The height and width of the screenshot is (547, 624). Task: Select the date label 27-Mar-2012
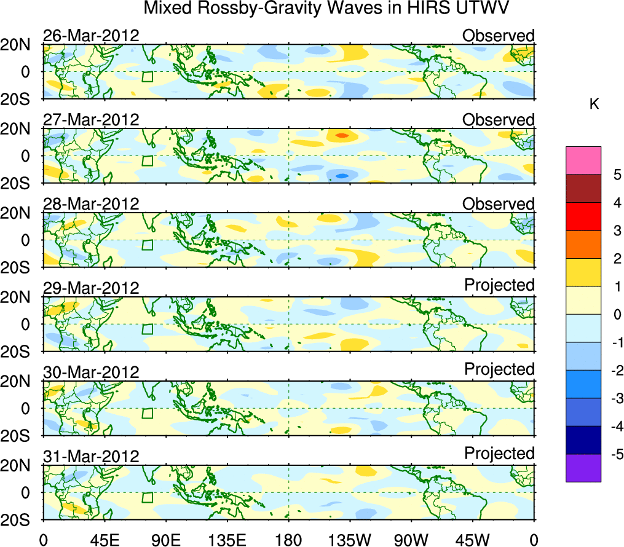tap(91, 119)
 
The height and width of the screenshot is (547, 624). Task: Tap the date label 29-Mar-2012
tap(91, 288)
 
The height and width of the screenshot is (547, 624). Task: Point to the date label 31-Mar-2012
tap(91, 456)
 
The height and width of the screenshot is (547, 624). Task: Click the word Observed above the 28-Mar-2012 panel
tap(499, 203)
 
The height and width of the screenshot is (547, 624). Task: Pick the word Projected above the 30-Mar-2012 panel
tap(499, 369)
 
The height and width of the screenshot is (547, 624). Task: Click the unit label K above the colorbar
tap(594, 105)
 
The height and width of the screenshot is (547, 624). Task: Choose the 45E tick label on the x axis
tap(103, 539)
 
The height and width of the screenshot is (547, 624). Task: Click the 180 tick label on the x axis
tap(288, 539)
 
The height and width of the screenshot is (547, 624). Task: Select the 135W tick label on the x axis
tap(349, 539)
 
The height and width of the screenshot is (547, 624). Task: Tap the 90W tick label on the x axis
tap(411, 539)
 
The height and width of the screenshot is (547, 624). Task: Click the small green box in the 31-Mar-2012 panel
tap(148, 497)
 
